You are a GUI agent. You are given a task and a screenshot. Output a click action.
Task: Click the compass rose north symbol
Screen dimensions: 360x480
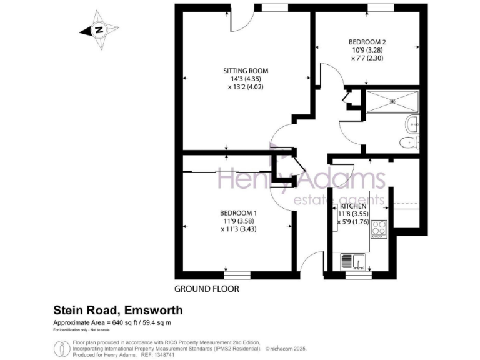pos(99,29)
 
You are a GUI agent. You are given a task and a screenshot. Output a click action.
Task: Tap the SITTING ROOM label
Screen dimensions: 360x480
pos(246,71)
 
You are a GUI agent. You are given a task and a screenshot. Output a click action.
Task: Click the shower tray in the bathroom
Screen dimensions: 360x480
pos(392,102)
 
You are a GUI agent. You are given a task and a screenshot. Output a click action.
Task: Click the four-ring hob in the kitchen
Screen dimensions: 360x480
pos(379,229)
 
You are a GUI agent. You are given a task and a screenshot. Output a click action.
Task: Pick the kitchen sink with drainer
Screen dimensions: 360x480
pos(353,261)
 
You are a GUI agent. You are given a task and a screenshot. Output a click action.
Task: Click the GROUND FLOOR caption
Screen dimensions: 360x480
pos(206,289)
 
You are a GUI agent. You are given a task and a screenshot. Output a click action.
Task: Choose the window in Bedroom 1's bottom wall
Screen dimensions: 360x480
pos(236,274)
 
